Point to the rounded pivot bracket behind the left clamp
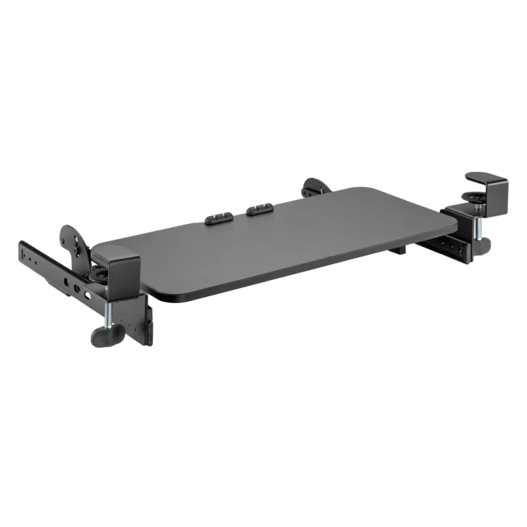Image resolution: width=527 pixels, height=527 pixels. tap(74, 240)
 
